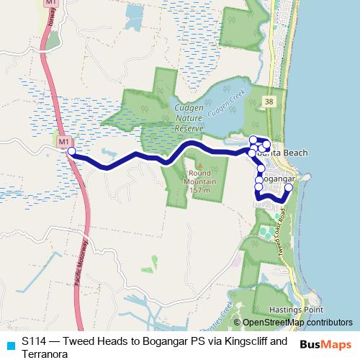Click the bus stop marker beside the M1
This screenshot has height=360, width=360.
coord(71,151)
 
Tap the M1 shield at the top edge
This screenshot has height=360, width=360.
coord(50,4)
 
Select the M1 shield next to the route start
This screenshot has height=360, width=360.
coord(63,140)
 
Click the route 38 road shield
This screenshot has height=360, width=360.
coord(268,100)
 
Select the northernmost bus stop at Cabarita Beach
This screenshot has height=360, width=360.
coord(253,139)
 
